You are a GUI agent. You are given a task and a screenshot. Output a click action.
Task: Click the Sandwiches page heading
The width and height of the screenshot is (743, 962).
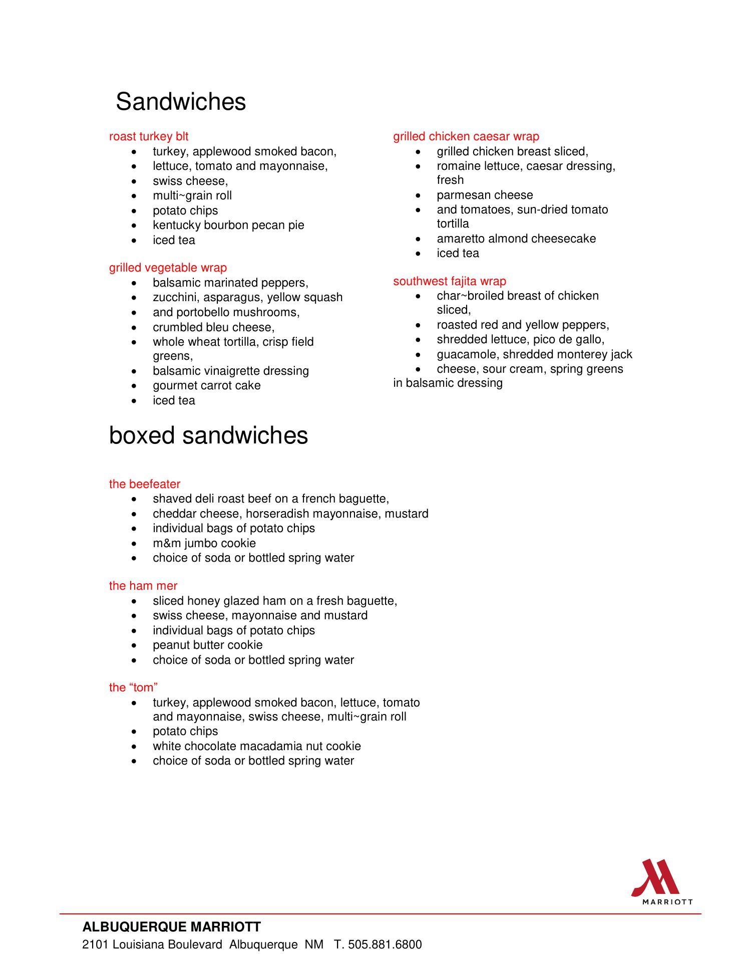click(x=181, y=102)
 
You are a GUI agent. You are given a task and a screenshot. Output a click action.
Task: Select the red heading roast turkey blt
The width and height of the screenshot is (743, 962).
click(x=149, y=136)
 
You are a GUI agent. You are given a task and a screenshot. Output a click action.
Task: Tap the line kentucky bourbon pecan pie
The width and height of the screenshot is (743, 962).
click(x=228, y=225)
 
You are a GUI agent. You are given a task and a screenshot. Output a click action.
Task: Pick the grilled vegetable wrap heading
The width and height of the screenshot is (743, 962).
click(x=168, y=268)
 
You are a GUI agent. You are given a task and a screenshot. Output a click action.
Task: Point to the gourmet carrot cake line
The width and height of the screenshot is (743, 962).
click(x=206, y=386)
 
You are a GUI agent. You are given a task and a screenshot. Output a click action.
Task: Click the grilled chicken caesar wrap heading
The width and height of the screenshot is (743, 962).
click(x=466, y=136)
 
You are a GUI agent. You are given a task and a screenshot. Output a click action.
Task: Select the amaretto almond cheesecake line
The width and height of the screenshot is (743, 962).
click(x=516, y=238)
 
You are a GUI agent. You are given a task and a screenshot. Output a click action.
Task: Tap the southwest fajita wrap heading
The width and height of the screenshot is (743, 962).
click(x=450, y=281)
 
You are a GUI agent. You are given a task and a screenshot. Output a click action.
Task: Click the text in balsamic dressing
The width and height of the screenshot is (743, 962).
click(x=448, y=383)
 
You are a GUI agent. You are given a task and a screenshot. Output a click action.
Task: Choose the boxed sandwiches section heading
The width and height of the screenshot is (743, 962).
click(x=208, y=435)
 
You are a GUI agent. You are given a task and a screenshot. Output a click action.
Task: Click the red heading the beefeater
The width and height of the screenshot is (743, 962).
click(x=145, y=484)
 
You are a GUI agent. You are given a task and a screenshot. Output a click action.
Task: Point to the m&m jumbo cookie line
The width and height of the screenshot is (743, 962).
click(x=204, y=544)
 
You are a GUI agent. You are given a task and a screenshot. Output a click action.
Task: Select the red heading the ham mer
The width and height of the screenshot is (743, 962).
click(x=143, y=586)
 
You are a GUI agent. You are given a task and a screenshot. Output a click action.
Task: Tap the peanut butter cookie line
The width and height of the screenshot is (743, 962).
click(x=207, y=645)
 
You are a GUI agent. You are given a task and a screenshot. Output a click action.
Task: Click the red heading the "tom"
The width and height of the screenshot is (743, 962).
click(x=134, y=687)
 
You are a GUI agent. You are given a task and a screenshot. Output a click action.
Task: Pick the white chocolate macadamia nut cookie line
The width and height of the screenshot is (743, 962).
click(x=257, y=746)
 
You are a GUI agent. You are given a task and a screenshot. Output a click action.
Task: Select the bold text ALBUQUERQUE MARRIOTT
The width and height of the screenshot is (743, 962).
click(x=172, y=927)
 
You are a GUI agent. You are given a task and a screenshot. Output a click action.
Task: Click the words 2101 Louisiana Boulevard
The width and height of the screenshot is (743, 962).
click(x=152, y=945)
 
